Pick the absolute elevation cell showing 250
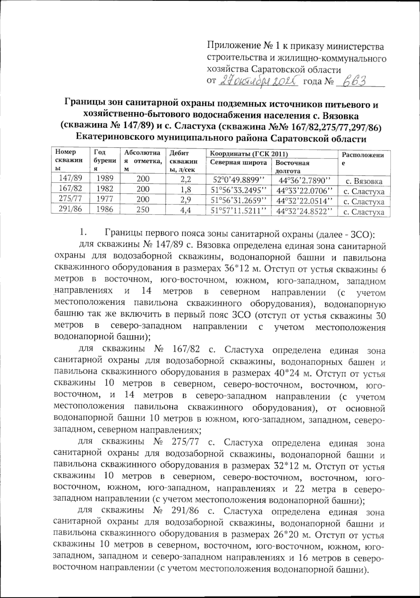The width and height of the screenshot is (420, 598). (142, 210)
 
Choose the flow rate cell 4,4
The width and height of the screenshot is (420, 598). (185, 210)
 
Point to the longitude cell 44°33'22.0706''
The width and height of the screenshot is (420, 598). (304, 190)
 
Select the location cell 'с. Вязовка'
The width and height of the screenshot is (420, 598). (364, 182)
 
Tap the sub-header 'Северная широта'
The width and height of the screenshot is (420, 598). (238, 163)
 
